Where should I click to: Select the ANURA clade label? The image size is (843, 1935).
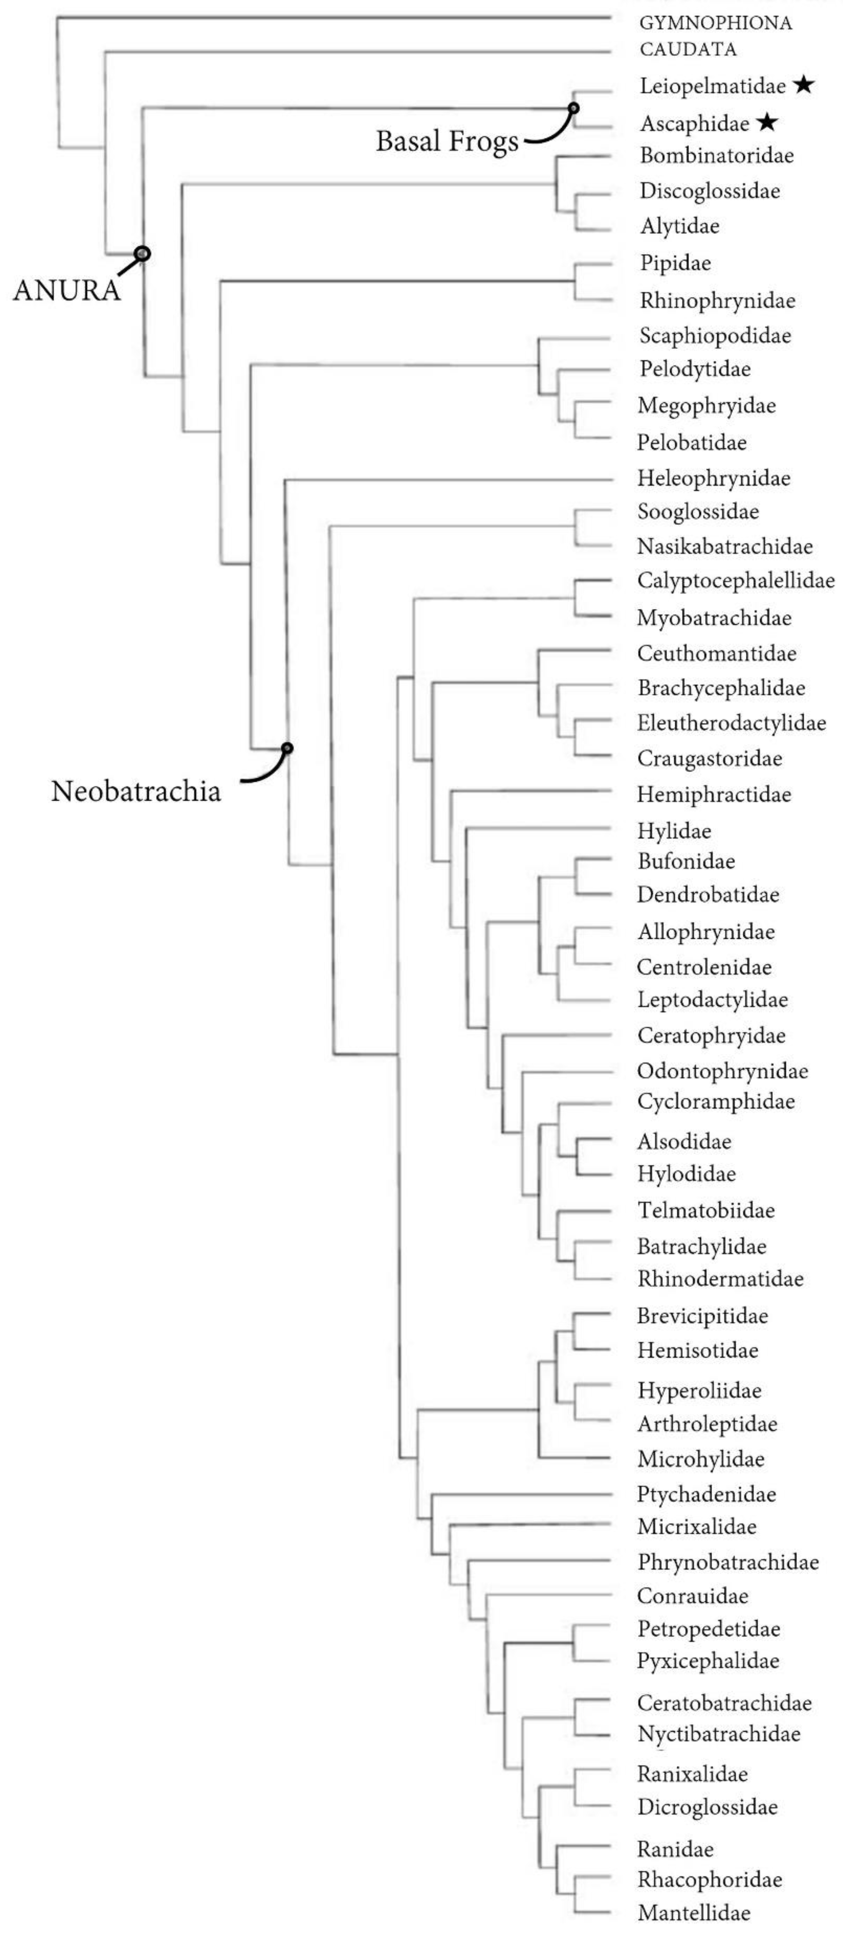coord(66,290)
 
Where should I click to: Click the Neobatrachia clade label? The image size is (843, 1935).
coord(136,791)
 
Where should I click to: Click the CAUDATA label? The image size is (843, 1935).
coord(687,50)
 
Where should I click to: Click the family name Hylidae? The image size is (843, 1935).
coord(674,831)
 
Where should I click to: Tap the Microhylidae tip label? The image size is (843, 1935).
coord(700,1459)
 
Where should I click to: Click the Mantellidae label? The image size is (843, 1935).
coord(694,1912)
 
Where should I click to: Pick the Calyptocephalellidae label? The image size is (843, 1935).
coord(735,580)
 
